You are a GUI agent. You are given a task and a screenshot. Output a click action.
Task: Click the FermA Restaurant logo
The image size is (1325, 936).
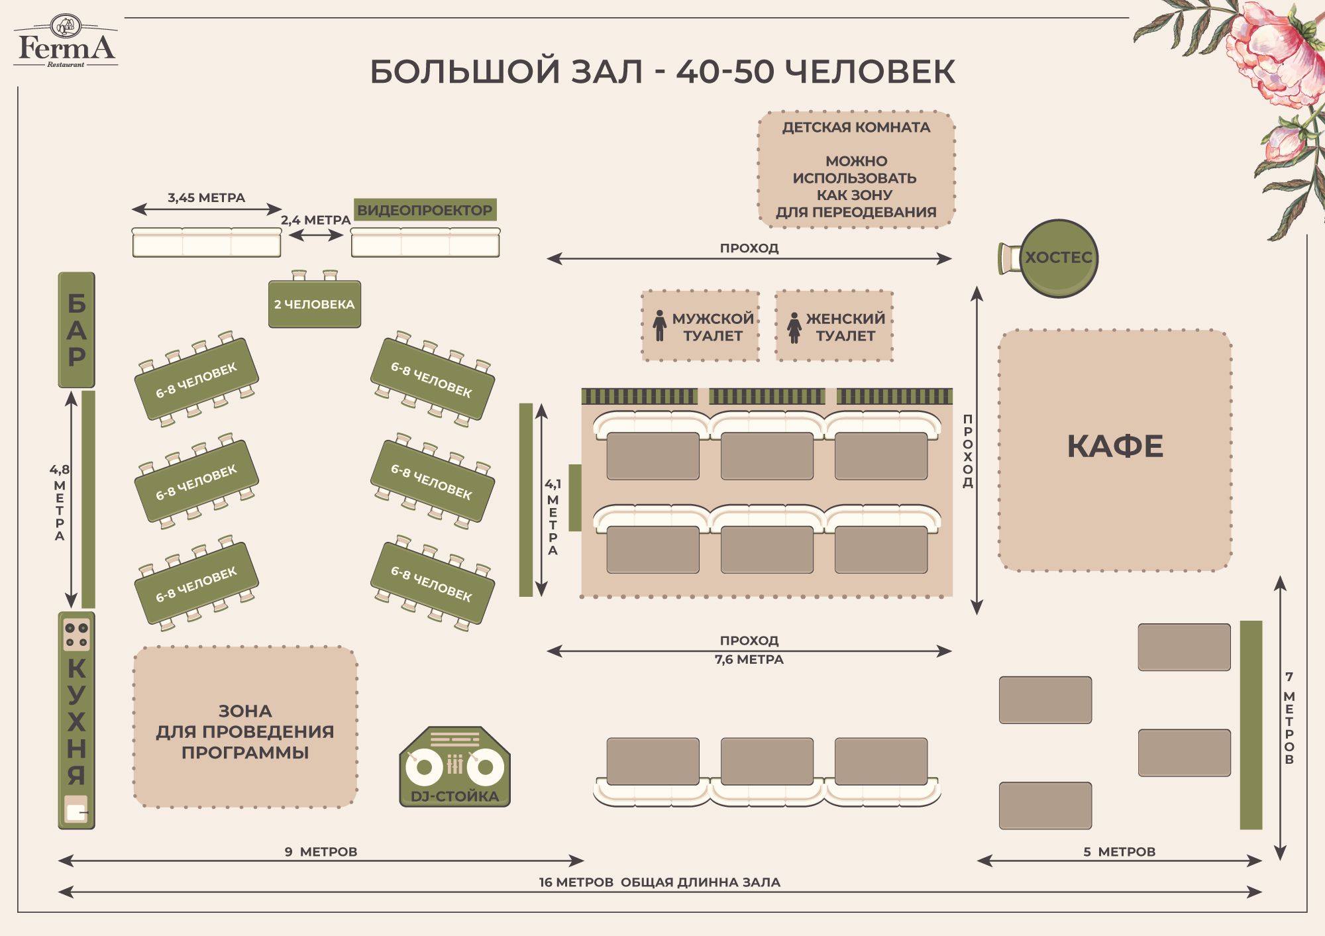66,41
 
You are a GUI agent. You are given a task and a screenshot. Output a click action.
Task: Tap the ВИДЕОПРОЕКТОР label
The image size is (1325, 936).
425,210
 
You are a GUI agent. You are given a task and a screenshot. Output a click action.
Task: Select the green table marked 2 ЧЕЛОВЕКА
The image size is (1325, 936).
315,303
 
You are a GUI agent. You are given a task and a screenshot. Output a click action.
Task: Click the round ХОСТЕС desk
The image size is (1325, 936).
1059,258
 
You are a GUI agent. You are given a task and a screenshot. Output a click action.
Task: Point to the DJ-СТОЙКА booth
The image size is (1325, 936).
454,767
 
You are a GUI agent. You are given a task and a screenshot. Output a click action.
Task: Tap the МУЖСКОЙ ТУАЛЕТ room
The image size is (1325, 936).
700,326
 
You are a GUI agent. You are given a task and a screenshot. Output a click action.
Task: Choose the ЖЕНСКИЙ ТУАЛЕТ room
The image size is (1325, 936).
834,326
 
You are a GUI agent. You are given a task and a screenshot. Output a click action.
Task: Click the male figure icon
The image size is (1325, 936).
659,326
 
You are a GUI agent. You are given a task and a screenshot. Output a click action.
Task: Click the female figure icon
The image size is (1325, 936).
794,327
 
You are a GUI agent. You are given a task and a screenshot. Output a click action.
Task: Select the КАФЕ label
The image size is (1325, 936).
1115,446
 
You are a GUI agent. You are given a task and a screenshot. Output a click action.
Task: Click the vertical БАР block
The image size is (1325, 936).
77,330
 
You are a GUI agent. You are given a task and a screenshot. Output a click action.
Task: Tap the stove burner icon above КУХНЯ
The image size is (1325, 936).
76,634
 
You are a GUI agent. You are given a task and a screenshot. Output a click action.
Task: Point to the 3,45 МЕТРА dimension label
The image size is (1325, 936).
206,197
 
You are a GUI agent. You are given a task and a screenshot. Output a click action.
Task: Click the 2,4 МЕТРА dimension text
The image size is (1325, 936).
315,220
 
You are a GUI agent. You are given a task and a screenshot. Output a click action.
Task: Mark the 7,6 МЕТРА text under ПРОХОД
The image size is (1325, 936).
749,659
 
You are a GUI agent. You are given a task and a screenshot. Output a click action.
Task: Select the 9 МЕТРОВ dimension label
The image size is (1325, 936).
321,851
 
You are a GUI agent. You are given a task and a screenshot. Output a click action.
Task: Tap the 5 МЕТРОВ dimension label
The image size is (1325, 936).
1120,851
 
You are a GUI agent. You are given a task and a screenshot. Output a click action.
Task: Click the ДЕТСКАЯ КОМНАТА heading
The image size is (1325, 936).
856,127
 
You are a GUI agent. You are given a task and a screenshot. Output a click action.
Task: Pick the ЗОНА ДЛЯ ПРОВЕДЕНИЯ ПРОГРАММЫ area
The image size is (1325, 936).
245,727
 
